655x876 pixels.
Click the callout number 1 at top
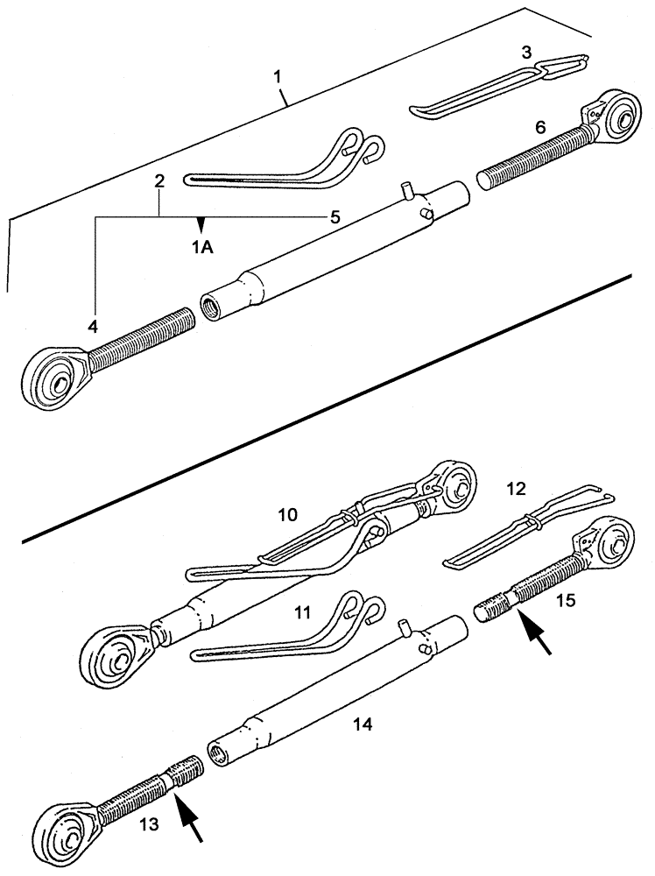pos(278,77)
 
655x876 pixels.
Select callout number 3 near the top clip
pos(525,53)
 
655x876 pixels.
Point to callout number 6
pos(540,127)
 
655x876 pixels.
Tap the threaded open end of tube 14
pos(217,750)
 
